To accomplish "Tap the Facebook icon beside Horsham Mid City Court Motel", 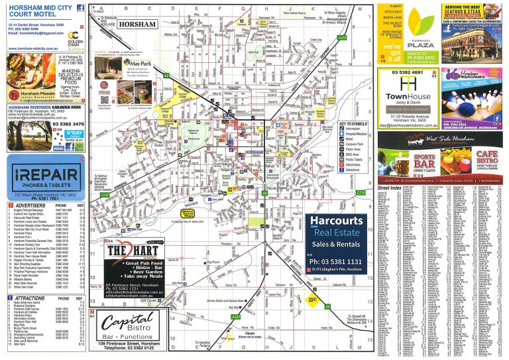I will pyautogui.click(x=80, y=8).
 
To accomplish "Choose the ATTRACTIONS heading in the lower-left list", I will pyautogui.click(x=26, y=298).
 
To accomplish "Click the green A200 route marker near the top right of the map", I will pyautogui.click(x=342, y=38).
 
